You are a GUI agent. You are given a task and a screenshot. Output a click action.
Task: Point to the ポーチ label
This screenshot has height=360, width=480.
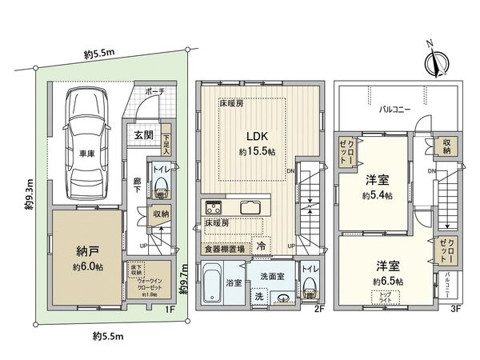pos(155,93)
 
